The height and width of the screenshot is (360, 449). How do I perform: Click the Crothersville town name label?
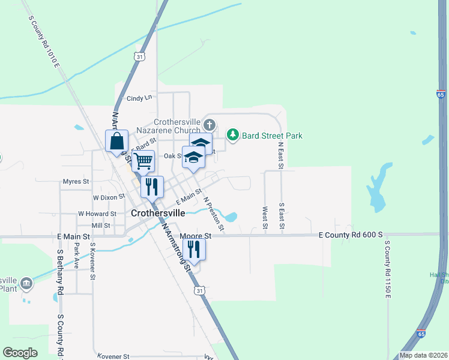click(158, 212)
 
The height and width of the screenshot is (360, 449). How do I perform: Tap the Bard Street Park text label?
click(272, 136)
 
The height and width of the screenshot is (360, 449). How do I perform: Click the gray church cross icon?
click(209, 125)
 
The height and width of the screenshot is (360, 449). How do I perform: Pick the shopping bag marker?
click(117, 142)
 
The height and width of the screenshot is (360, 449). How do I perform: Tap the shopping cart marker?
click(143, 161)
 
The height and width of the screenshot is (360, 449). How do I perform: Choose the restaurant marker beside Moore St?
click(194, 248)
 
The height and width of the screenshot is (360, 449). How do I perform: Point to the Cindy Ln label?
click(139, 98)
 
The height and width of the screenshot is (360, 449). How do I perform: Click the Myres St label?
click(76, 181)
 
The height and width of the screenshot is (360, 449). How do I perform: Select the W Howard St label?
click(97, 214)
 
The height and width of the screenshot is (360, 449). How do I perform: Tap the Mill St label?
click(101, 226)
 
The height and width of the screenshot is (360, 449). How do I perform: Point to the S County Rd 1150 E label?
click(388, 269)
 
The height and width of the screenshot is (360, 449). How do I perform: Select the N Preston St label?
click(214, 214)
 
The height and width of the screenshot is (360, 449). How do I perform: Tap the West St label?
click(265, 218)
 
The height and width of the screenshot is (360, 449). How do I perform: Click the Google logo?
click(20, 353)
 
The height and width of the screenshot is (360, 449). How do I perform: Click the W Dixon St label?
click(109, 196)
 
